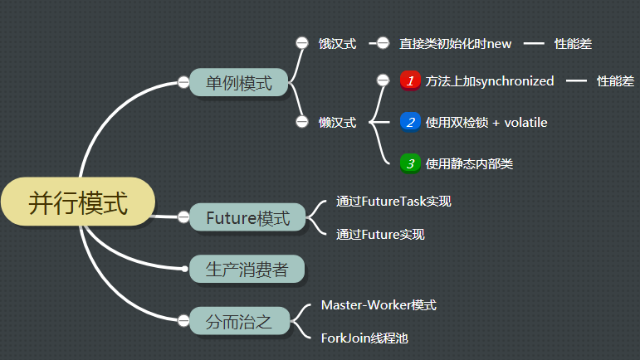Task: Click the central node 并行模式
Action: [78, 202]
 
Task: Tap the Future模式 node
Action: [247, 218]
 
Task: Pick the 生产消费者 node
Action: [247, 268]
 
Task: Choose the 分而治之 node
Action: [238, 320]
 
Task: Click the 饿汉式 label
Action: [337, 43]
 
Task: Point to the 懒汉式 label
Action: [337, 122]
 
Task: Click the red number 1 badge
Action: [410, 80]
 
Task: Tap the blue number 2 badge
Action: [410, 122]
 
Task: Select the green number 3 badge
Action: [410, 163]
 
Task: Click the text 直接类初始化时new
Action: [455, 43]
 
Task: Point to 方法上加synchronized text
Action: [489, 80]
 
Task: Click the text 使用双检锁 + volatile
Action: [486, 122]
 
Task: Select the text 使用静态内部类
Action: [468, 163]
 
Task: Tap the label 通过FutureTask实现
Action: [393, 201]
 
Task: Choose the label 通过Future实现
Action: [380, 235]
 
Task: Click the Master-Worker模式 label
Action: [379, 305]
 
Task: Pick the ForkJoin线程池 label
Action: [364, 338]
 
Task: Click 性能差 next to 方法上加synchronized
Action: [614, 80]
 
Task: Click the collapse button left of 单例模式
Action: [183, 82]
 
